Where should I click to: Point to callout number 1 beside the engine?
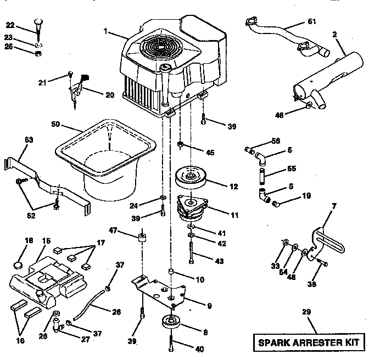105,31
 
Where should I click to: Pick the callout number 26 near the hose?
116,312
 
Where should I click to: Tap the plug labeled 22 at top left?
38,24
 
